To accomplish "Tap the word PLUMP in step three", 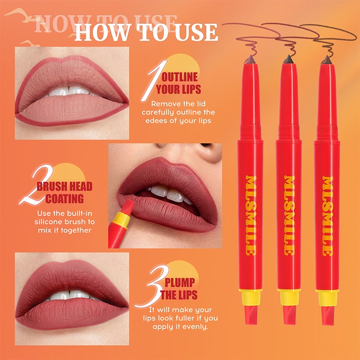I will point(180,283).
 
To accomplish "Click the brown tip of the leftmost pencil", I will point(251,58).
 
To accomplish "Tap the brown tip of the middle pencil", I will point(288,58).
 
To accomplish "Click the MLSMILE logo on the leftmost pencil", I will point(251,216).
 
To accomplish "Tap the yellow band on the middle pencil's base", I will point(288,297).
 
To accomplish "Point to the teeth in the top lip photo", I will point(70,90).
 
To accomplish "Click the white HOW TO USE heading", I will point(146,32).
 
